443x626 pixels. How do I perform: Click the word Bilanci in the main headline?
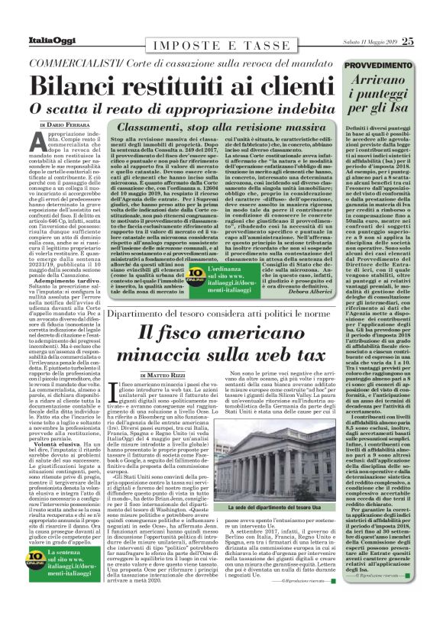[83, 84]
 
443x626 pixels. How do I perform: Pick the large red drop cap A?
[39, 143]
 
